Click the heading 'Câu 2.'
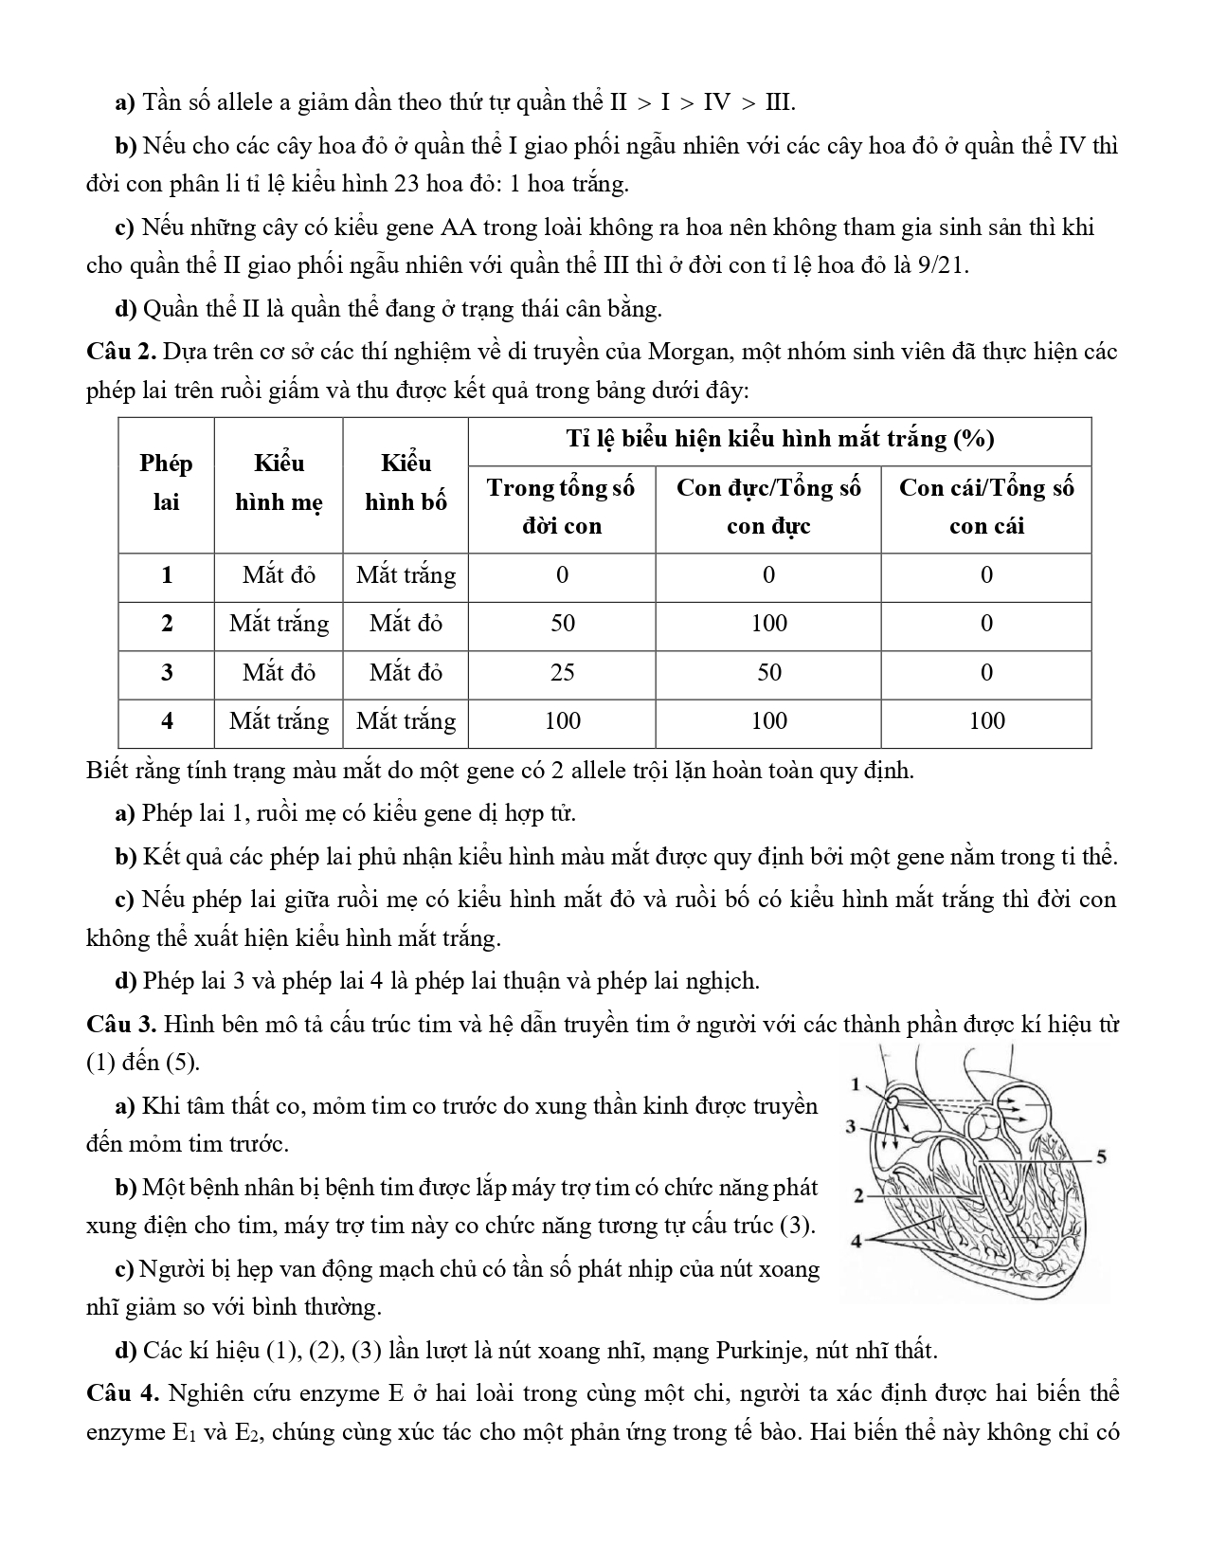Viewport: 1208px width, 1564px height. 120,352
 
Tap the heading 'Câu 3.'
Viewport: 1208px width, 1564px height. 120,1025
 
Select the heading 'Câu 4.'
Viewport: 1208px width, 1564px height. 120,1393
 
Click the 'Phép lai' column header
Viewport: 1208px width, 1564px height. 166,483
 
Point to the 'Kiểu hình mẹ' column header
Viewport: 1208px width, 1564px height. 279,483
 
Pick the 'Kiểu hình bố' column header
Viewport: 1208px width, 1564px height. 406,483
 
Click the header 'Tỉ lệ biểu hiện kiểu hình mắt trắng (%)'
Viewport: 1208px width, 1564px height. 779,440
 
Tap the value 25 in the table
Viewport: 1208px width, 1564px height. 562,673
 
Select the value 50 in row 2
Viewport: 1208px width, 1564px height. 562,624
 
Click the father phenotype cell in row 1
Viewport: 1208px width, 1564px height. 406,575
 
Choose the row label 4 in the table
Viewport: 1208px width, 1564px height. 167,721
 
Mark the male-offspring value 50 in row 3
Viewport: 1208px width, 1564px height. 768,673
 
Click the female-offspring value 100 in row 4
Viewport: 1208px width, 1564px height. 986,721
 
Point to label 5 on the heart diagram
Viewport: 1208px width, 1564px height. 1101,1156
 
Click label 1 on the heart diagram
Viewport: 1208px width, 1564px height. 856,1084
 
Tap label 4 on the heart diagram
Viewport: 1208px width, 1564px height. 856,1240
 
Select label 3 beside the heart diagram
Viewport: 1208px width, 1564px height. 851,1127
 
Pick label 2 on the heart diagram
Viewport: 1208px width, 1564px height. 857,1196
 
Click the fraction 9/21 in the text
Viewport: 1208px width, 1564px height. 942,266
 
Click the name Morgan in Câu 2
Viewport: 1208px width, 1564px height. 688,352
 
